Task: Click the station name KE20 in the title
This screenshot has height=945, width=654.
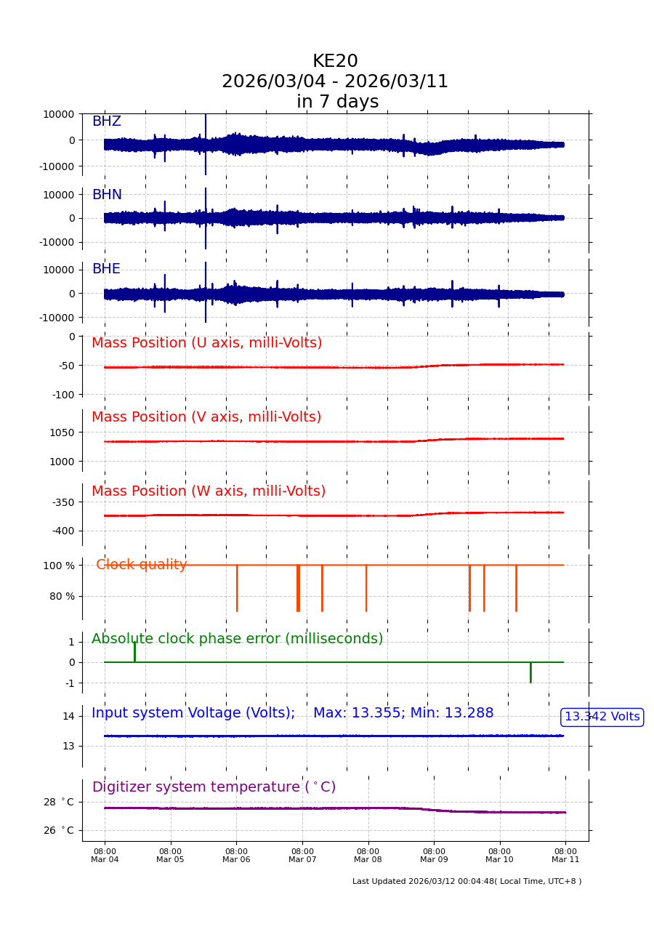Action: (335, 62)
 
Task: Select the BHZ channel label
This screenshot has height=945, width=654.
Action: (106, 121)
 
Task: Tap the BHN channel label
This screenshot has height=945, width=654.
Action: (107, 195)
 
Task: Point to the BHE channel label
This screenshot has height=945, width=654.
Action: (106, 269)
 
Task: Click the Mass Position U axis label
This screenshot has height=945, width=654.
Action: (206, 343)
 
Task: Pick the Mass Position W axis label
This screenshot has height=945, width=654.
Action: (209, 491)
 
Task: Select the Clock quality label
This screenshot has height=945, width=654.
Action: (142, 565)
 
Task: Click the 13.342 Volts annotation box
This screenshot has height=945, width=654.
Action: (602, 717)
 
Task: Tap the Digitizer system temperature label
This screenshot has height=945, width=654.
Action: (214, 787)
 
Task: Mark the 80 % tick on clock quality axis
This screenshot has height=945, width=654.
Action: (62, 596)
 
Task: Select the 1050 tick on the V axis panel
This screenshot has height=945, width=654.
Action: (61, 432)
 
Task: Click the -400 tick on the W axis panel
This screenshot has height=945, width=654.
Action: (62, 531)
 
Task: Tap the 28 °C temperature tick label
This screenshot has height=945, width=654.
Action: (58, 802)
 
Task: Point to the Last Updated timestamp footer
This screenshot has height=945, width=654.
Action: (467, 882)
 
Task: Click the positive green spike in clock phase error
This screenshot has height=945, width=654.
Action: (134, 651)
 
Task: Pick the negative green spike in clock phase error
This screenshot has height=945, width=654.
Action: (530, 672)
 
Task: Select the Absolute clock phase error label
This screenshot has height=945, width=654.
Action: (237, 639)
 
